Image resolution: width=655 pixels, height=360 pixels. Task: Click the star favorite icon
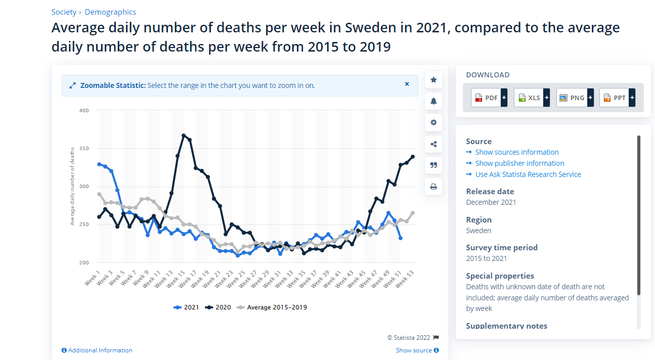pos(433,80)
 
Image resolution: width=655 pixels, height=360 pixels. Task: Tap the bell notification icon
pos(433,101)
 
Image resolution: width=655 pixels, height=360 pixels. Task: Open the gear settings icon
pos(433,122)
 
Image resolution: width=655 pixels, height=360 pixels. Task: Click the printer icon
pos(433,187)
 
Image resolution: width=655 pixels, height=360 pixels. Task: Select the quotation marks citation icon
pos(433,165)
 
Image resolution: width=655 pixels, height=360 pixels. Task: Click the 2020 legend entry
pos(218,307)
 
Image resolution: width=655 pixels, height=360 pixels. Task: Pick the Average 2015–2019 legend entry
pos(272,307)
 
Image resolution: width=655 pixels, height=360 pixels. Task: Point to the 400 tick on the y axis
pos(84,110)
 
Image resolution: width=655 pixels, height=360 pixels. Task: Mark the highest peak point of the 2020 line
pos(184,136)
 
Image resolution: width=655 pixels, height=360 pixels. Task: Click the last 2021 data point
pos(401,238)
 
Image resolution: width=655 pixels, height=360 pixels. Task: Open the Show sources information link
pos(517,152)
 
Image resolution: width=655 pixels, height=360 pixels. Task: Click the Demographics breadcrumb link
pos(110,12)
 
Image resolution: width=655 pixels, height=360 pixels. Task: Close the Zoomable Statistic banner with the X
pos(407,84)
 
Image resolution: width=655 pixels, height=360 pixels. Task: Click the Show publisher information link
pos(519,163)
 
